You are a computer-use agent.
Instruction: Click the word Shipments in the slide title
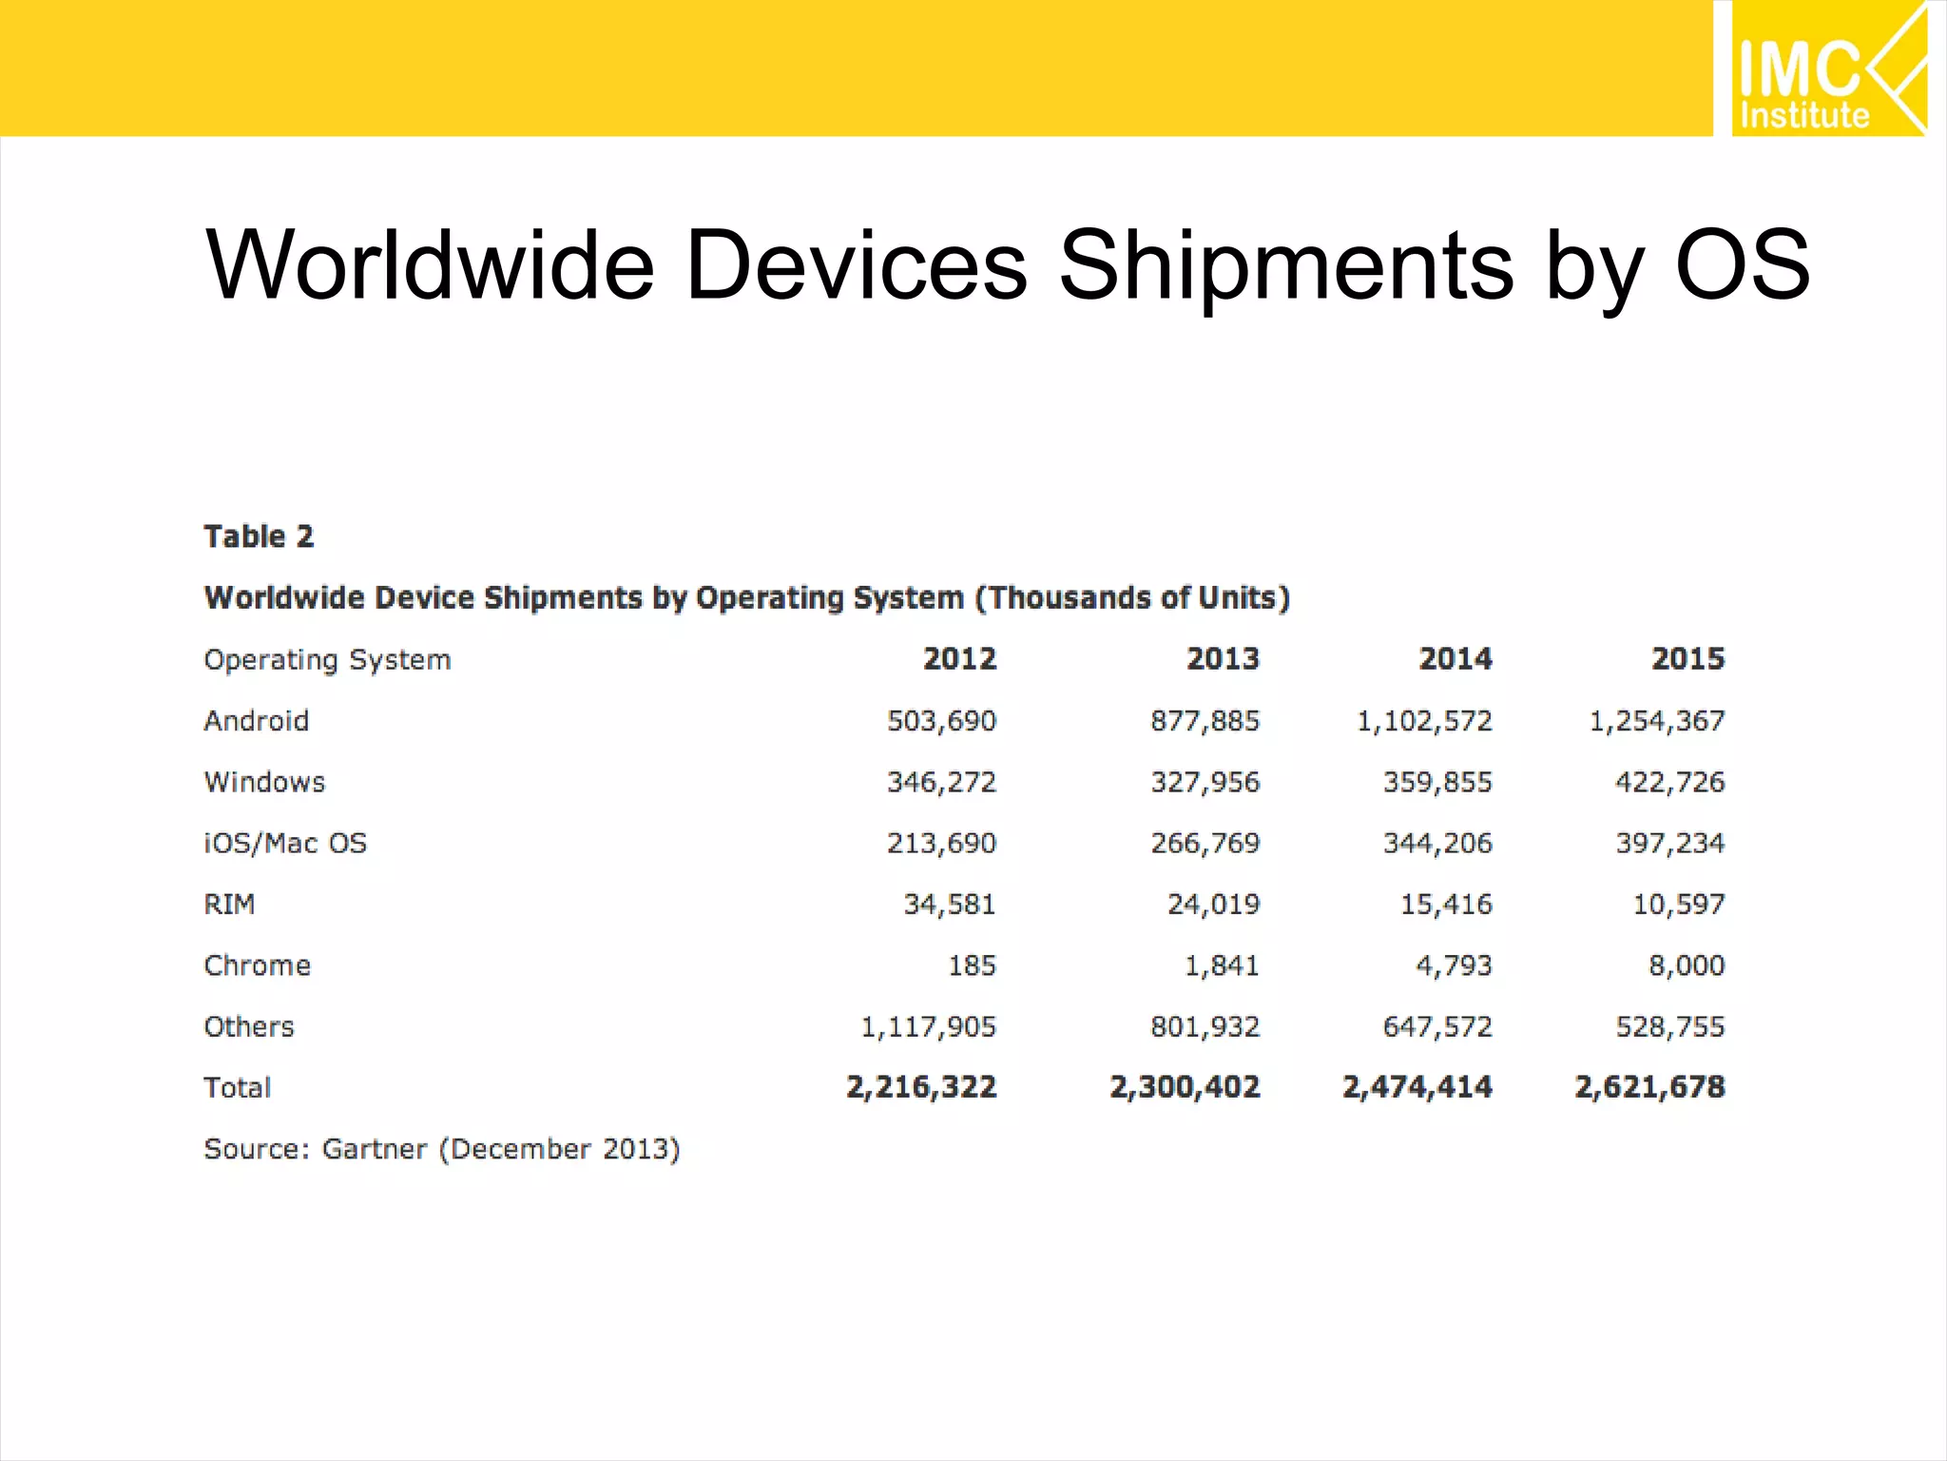[x=1285, y=265]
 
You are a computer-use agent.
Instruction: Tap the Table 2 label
[x=259, y=536]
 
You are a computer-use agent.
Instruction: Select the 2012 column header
[x=959, y=658]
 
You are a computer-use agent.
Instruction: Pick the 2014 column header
[x=1455, y=658]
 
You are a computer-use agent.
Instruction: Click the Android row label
[x=256, y=721]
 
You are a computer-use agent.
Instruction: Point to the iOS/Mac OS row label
[x=285, y=843]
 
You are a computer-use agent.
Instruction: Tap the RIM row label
[x=229, y=904]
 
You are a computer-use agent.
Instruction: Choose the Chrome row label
[x=257, y=965]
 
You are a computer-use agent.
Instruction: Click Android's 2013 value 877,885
[x=1205, y=721]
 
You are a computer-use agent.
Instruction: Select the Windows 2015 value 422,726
[x=1669, y=782]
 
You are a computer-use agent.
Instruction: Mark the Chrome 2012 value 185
[x=972, y=965]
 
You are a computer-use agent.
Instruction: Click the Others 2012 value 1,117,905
[x=928, y=1026]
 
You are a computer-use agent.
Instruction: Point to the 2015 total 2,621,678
[x=1649, y=1086]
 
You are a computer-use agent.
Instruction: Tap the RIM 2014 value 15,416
[x=1446, y=904]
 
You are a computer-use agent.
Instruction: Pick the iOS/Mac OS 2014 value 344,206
[x=1437, y=843]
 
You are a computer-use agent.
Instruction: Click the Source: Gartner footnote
[x=442, y=1149]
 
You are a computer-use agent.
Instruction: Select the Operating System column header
[x=327, y=659]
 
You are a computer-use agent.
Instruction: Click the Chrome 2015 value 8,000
[x=1686, y=965]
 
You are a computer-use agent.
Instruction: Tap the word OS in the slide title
[x=1742, y=265]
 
